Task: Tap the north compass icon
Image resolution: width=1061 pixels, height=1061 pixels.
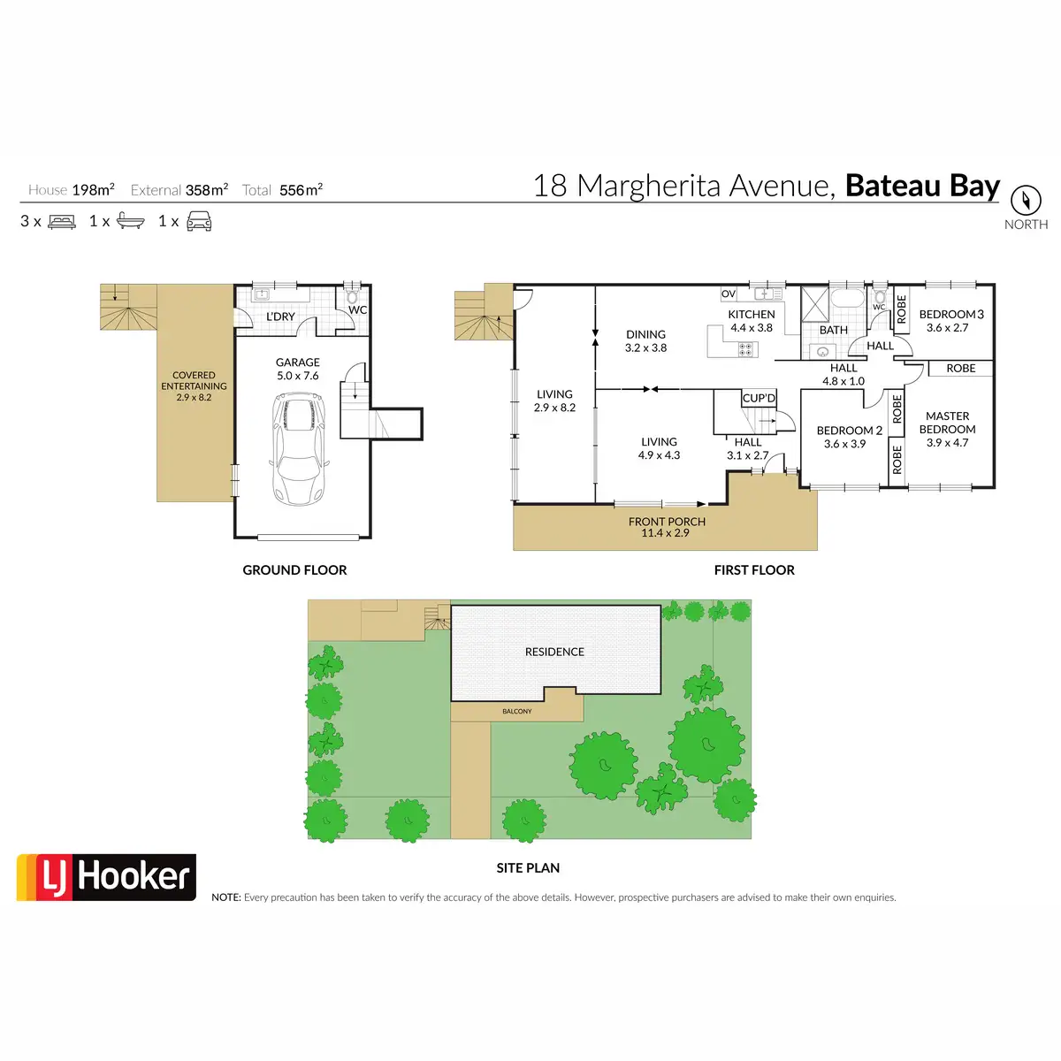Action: (x=1026, y=200)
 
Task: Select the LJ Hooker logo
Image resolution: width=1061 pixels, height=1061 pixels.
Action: (x=106, y=877)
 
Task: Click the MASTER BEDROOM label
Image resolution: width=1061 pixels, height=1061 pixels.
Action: (x=947, y=423)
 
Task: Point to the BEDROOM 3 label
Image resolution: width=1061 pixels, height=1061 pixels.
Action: (x=950, y=315)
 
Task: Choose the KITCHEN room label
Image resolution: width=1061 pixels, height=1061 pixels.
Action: (x=751, y=315)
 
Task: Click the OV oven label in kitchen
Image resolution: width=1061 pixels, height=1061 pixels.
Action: (x=729, y=294)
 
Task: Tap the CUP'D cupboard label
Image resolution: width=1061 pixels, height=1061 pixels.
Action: (x=759, y=399)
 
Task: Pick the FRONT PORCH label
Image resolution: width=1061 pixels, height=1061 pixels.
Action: (x=667, y=522)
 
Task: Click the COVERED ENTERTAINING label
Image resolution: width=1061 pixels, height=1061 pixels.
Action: (x=194, y=381)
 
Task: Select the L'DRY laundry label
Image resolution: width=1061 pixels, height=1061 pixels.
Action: (x=280, y=317)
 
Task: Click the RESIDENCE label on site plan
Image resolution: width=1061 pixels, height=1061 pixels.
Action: (x=554, y=652)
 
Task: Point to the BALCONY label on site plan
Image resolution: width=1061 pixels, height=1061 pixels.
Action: (x=517, y=711)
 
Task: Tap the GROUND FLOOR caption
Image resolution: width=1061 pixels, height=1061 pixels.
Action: (x=294, y=570)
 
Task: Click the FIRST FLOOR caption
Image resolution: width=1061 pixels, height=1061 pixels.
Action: (x=754, y=570)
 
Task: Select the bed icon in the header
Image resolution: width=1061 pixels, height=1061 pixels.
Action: (x=62, y=221)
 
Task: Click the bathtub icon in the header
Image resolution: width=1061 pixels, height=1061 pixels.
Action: (x=130, y=221)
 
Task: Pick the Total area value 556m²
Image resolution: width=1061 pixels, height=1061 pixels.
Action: (x=301, y=190)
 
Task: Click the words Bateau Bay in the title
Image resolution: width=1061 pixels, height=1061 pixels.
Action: (x=922, y=187)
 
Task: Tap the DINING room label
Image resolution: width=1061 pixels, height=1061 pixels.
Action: (x=645, y=334)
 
